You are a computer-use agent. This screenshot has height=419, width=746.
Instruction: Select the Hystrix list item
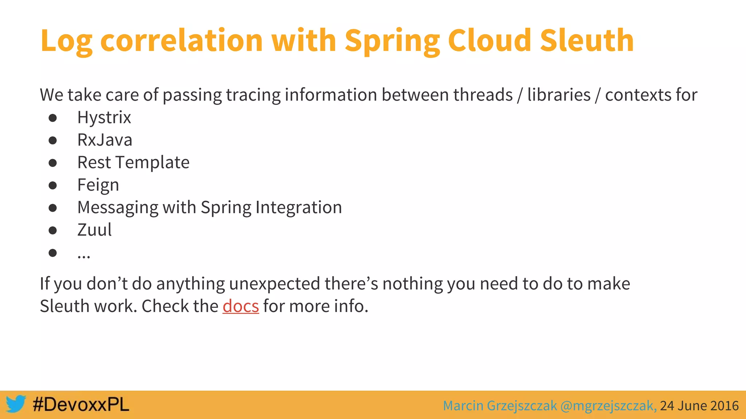pos(104,117)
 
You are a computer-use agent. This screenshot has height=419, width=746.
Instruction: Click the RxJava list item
pos(105,140)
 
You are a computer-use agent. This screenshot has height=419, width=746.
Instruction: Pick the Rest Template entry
pos(133,162)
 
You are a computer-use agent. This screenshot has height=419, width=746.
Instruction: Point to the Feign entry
pos(98,185)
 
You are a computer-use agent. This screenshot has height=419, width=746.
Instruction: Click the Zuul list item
pos(94,230)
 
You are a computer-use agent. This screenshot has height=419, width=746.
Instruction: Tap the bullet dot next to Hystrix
pos(53,118)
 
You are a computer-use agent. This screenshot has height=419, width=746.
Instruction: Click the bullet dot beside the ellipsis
pos(53,253)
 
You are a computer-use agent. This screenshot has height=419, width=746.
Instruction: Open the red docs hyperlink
pos(241,306)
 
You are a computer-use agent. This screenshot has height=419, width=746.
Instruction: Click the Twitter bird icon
pos(16,404)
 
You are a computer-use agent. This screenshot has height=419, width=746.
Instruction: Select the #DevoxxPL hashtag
pos(81,404)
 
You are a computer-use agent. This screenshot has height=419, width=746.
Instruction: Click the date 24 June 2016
pos(699,406)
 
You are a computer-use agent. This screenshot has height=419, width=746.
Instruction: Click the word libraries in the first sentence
pos(559,95)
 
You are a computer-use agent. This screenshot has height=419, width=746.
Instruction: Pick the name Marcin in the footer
pos(463,406)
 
